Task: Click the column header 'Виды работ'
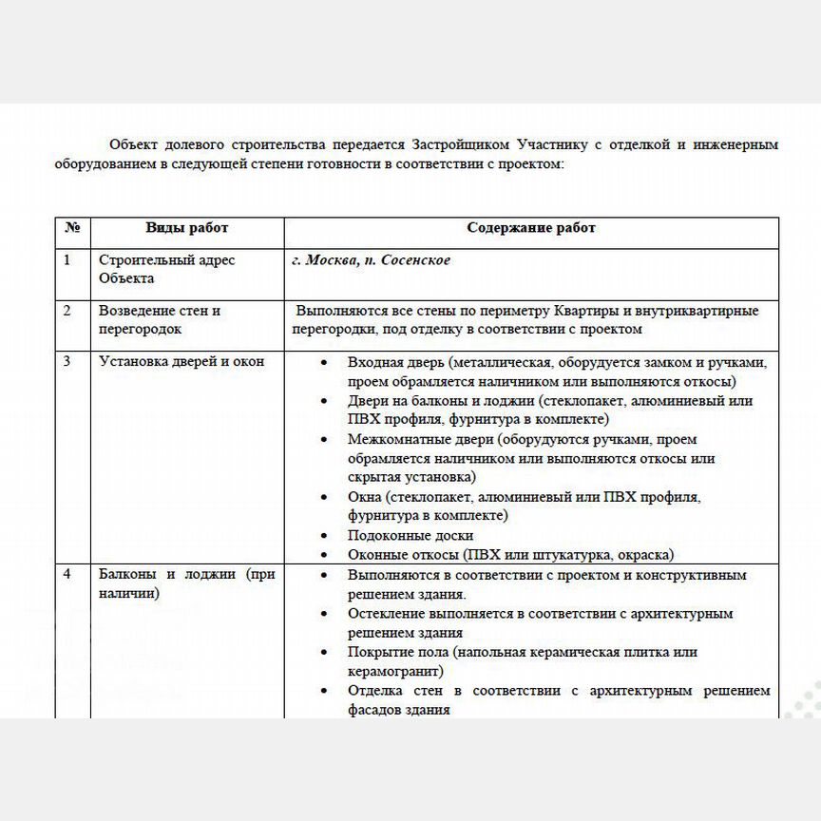pyautogui.click(x=186, y=228)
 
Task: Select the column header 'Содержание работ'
pyautogui.click(x=531, y=228)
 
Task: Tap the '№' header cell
pyautogui.click(x=72, y=228)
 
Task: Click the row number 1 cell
pyautogui.click(x=67, y=260)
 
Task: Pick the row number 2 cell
pyautogui.click(x=67, y=311)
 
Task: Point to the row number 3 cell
pyautogui.click(x=67, y=361)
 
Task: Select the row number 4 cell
pyautogui.click(x=67, y=575)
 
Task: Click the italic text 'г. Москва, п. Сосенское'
pyautogui.click(x=371, y=260)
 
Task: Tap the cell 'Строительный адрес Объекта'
pyautogui.click(x=166, y=269)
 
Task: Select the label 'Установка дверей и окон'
pyautogui.click(x=181, y=361)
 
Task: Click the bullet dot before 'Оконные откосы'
pyautogui.click(x=325, y=555)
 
